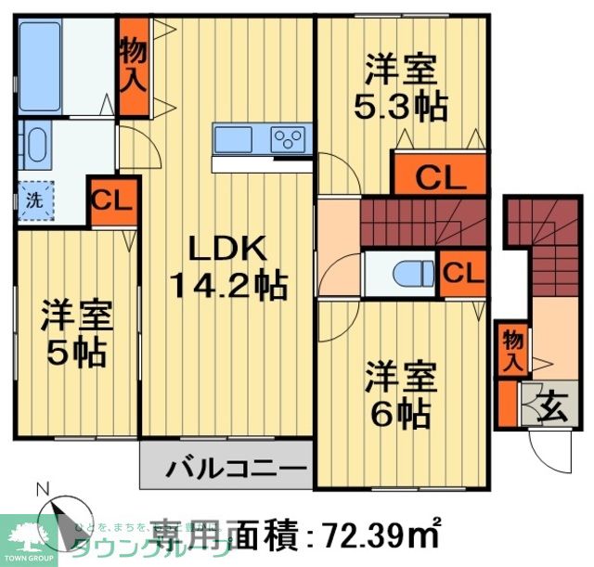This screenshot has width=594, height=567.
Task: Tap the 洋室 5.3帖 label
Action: pyautogui.click(x=400, y=88)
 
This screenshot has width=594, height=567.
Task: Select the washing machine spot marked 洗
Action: pyautogui.click(x=34, y=199)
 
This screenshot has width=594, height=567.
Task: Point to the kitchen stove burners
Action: pyautogui.click(x=288, y=140)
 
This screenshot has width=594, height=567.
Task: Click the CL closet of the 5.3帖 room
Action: pyautogui.click(x=440, y=176)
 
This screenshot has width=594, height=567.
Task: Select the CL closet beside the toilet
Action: pyautogui.click(x=461, y=273)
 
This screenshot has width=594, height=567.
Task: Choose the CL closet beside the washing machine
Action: pyautogui.click(x=112, y=200)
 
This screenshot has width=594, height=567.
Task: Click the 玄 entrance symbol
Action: pyautogui.click(x=550, y=406)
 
